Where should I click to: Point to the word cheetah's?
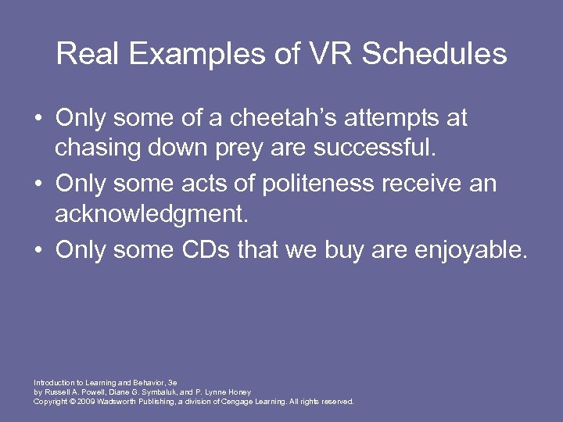coord(253,118)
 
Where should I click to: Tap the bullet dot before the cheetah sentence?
coord(38,119)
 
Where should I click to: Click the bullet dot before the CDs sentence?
coord(38,251)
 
